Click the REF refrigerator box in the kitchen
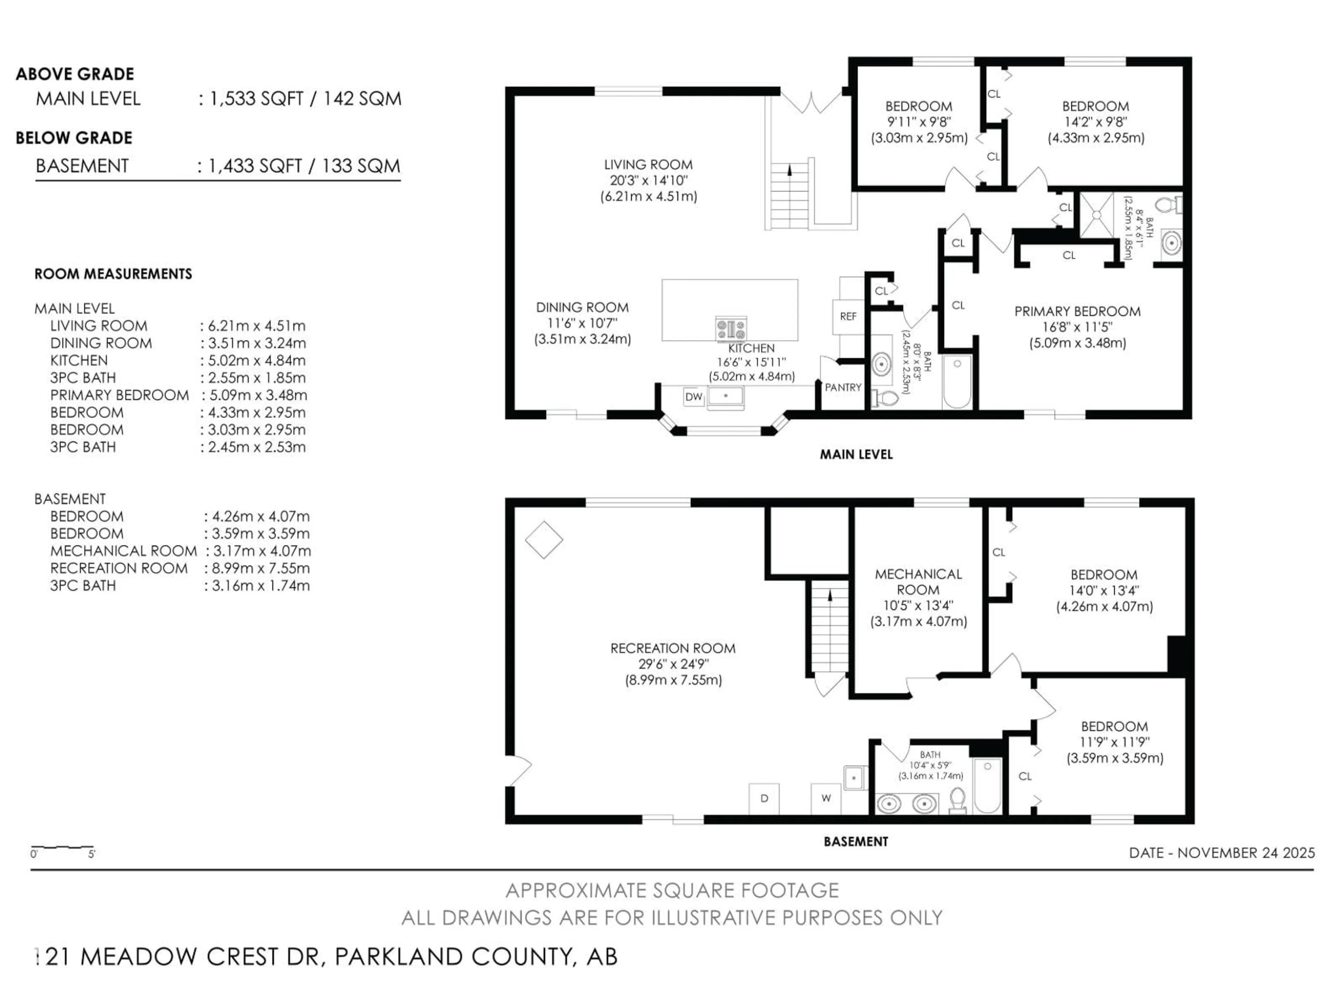tap(848, 316)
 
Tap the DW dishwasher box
tap(693, 397)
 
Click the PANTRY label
tap(843, 387)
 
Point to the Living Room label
tap(648, 164)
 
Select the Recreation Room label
tap(673, 648)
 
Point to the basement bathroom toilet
tap(958, 800)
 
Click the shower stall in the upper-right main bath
tap(1096, 215)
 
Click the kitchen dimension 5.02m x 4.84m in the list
tap(253, 360)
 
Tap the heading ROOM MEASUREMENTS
tap(113, 274)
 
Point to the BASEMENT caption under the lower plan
tap(855, 841)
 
